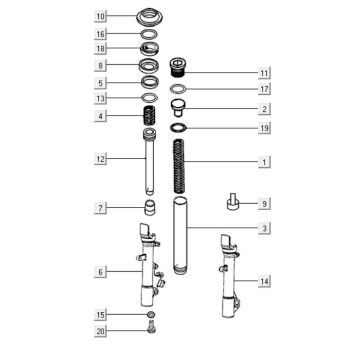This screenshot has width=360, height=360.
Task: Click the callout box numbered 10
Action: [x=100, y=16]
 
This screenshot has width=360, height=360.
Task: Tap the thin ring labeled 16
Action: [x=149, y=34]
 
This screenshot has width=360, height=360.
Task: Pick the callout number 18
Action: [x=100, y=49]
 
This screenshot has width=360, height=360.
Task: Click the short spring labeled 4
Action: [x=149, y=116]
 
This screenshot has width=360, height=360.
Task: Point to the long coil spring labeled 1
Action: [x=179, y=166]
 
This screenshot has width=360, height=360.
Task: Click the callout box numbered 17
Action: [x=264, y=89]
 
